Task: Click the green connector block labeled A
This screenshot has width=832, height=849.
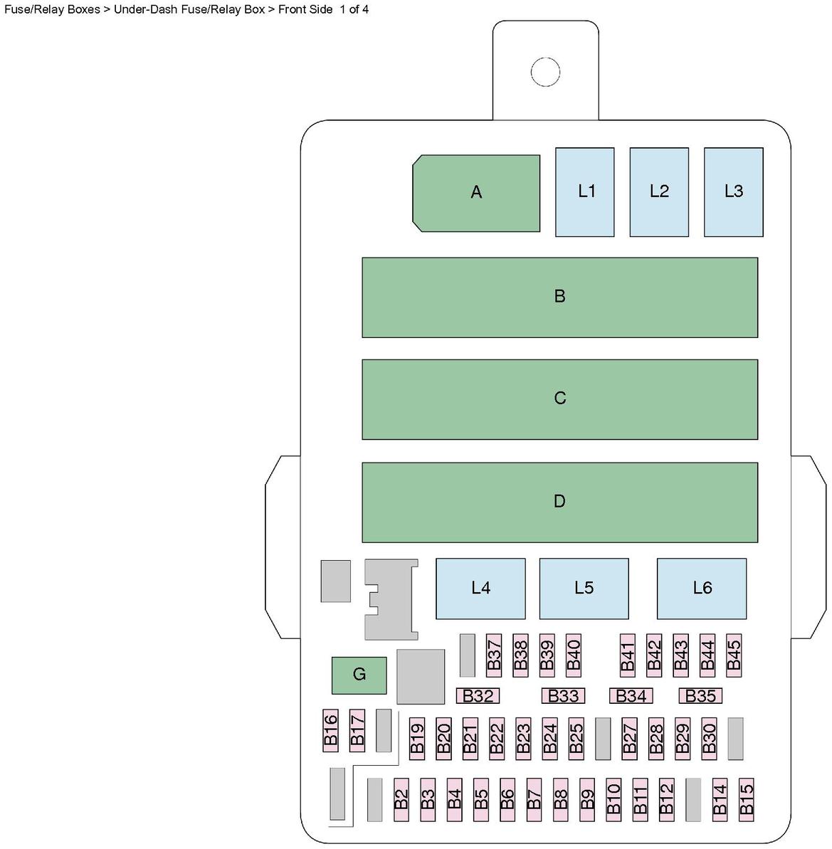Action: coord(476,192)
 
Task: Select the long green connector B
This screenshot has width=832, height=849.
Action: coord(559,297)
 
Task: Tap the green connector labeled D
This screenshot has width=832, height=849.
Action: coord(559,502)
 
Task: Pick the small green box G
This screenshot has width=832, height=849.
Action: coord(359,675)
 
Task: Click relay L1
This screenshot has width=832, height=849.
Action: coord(585,191)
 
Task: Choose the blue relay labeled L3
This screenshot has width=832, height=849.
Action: coord(733,191)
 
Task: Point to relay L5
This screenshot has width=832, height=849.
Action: coord(584,588)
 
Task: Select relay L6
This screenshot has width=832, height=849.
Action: coord(702,588)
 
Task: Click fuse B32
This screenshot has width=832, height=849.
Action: coord(478,696)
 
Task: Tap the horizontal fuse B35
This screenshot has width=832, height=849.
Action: coord(700,696)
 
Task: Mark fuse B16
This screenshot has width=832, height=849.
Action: coord(330,729)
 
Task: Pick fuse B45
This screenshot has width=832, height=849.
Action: coord(733,655)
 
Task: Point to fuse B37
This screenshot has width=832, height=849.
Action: coord(494,655)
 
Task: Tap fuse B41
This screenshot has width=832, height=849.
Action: coord(627,655)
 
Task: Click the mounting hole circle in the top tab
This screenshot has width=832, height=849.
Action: coord(546,71)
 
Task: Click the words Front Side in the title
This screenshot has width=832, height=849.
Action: coord(305,9)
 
